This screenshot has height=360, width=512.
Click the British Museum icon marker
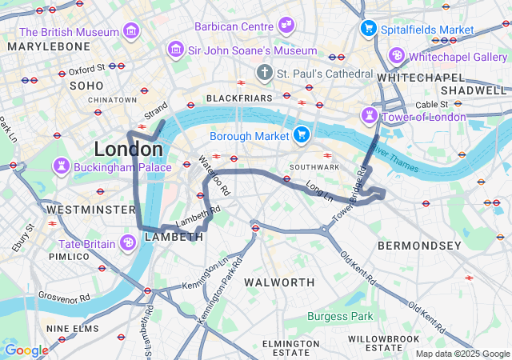click(x=131, y=32)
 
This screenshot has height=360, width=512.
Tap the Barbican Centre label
click(x=234, y=26)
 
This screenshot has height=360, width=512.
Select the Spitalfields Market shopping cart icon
click(x=369, y=29)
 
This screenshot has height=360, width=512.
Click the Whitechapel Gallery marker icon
click(x=397, y=57)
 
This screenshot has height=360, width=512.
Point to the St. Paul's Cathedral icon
click(x=264, y=74)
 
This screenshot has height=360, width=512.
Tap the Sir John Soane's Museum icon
click(x=175, y=50)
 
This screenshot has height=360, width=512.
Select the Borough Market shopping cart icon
click(x=302, y=135)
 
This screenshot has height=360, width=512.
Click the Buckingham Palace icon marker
click(x=61, y=167)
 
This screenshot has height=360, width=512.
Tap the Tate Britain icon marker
click(x=128, y=243)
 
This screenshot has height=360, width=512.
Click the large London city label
click(x=128, y=150)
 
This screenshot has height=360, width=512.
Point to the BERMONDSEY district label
click(x=419, y=244)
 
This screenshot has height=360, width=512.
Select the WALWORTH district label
click(x=279, y=282)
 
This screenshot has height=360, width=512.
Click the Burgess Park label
click(x=341, y=316)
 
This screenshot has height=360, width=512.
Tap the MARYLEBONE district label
click(x=49, y=47)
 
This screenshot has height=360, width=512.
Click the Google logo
click(x=26, y=350)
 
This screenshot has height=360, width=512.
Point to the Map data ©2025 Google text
click(x=462, y=354)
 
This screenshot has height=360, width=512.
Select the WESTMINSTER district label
click(x=90, y=210)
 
